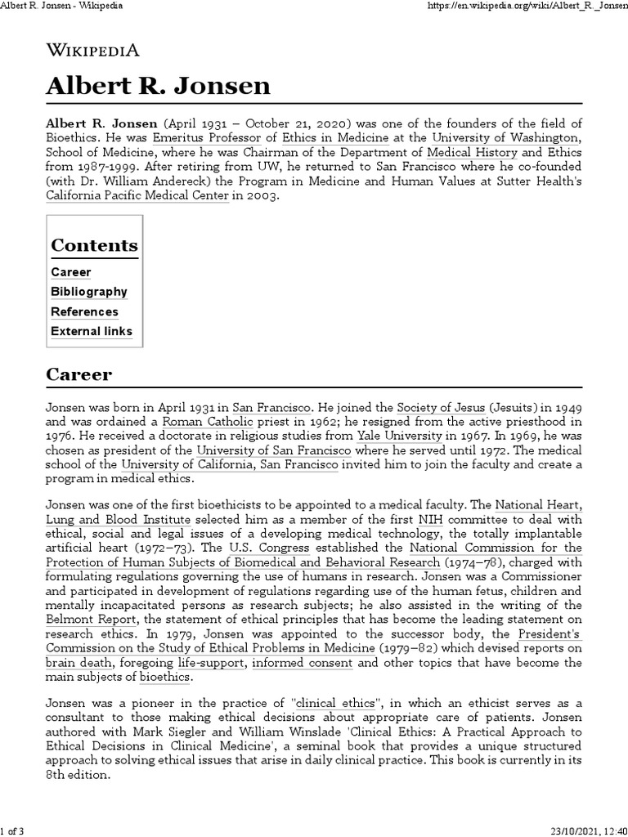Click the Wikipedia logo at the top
coord(92,50)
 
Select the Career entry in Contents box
coord(71,272)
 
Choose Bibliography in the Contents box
coord(89,292)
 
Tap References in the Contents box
coord(84,311)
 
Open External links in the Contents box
coord(92,331)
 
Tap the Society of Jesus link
coord(439,406)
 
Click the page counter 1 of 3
coord(14,827)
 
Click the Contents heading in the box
coord(94,245)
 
